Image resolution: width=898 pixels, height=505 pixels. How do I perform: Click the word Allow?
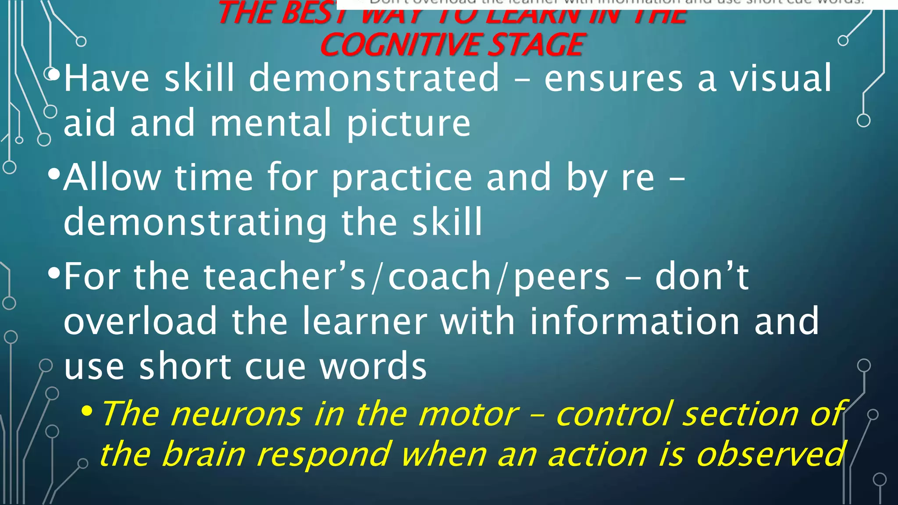112,177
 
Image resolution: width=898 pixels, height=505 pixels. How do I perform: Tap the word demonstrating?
196,223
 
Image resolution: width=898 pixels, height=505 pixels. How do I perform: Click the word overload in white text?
140,321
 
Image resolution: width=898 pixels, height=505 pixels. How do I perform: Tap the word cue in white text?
275,366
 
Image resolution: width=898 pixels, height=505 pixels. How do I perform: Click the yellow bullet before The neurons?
87,411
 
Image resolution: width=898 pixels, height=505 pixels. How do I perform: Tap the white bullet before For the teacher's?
53,274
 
